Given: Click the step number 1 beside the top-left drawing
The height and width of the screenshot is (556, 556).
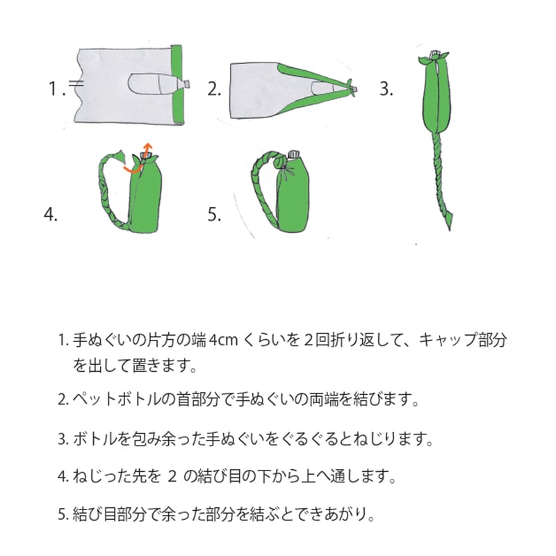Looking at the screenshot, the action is pyautogui.click(x=54, y=88).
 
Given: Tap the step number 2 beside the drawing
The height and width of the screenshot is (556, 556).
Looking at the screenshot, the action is pyautogui.click(x=214, y=88).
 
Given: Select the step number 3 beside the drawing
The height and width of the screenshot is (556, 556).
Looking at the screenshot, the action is pyautogui.click(x=386, y=88).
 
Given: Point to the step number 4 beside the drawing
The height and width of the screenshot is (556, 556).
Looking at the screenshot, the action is pyautogui.click(x=51, y=214).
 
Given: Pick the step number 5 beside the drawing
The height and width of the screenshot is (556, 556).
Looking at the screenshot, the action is pyautogui.click(x=214, y=214).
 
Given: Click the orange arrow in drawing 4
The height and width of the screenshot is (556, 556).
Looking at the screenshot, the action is pyautogui.click(x=139, y=164).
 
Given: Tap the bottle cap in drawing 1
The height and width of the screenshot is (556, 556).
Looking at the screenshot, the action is pyautogui.click(x=186, y=84).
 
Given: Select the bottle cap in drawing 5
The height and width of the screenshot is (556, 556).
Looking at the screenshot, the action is pyautogui.click(x=293, y=154).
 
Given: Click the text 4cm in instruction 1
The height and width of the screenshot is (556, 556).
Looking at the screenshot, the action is pyautogui.click(x=222, y=341).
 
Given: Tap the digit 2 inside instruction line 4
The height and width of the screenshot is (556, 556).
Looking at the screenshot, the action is pyautogui.click(x=172, y=476).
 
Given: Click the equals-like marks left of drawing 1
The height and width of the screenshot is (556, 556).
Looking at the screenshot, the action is pyautogui.click(x=76, y=84).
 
